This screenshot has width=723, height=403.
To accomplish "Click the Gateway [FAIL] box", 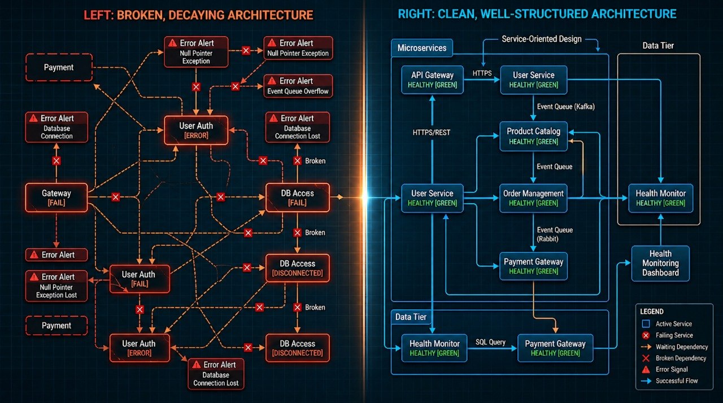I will [x=56, y=198].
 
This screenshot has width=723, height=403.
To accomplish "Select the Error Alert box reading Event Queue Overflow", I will [x=298, y=86].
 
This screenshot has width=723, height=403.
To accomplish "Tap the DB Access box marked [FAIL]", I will [x=297, y=198].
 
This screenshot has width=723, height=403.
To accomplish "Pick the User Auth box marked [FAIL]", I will [x=138, y=279].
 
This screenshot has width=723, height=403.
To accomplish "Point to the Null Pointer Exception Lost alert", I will [x=58, y=286].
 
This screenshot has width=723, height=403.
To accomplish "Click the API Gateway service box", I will [x=432, y=80].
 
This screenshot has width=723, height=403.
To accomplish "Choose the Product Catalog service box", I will [x=534, y=136].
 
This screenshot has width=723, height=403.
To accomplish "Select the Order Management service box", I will [x=534, y=198].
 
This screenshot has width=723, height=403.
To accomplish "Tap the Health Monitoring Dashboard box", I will [x=660, y=263].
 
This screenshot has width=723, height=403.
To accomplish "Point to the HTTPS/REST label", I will [x=431, y=133].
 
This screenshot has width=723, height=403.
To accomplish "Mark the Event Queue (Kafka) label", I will [x=565, y=106].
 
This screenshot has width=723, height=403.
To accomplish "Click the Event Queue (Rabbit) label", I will [x=554, y=234].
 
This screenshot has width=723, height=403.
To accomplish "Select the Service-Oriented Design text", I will [x=541, y=40].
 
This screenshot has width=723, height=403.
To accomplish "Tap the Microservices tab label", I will [x=421, y=48].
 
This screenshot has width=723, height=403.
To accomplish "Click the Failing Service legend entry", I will [x=673, y=335].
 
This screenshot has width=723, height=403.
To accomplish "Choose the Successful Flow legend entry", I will [x=676, y=381].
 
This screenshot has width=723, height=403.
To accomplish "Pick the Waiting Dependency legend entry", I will [x=681, y=347].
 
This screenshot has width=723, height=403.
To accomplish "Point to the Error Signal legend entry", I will [x=671, y=369].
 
